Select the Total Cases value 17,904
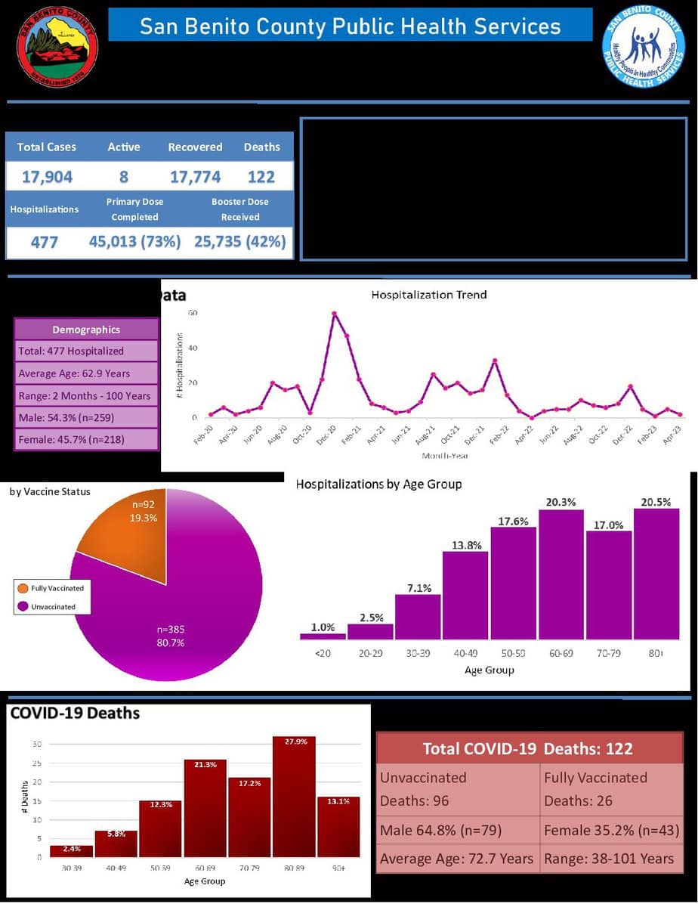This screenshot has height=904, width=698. tap(47, 177)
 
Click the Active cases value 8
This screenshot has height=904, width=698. tap(123, 177)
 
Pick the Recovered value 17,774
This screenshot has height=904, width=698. tap(195, 177)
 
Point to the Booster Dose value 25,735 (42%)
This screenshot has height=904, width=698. tap(240, 242)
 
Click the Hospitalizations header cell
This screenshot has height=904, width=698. tap(44, 209)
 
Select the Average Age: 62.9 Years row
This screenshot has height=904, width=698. tap(86, 373)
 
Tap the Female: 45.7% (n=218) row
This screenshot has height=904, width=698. tap(86, 439)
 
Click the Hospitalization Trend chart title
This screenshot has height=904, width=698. tap(428, 295)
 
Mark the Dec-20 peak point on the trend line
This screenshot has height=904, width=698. tap(334, 313)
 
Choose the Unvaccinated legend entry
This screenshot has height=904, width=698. tap(53, 607)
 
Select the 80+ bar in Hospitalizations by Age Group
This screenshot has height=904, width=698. tap(656, 574)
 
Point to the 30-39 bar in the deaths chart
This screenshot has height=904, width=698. tap(72, 851)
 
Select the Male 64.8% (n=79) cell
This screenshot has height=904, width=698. tap(458, 831)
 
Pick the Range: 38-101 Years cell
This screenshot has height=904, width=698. tap(609, 859)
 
